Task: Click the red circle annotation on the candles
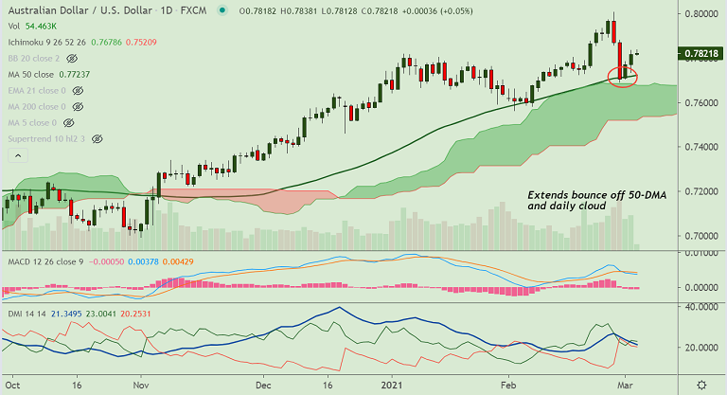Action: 622,77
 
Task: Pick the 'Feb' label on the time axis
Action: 509,386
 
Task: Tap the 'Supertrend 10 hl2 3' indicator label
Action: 46,138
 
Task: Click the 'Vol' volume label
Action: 14,27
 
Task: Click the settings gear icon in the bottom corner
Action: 700,386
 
